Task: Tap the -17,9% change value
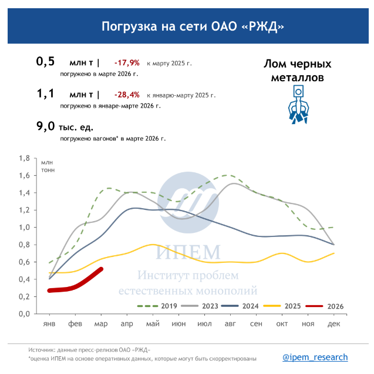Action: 127,62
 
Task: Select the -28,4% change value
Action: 127,94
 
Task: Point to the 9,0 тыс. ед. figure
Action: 65,126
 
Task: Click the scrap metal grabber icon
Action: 298,104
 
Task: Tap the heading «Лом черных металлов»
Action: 298,70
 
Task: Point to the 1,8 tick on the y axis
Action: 24,159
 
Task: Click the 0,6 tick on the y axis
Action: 24,262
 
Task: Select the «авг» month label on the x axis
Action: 230,324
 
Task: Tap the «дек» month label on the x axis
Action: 333,324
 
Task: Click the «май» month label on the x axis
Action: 153,324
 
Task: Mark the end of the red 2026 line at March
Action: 102,269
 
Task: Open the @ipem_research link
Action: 315,357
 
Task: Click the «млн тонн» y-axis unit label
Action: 47,166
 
